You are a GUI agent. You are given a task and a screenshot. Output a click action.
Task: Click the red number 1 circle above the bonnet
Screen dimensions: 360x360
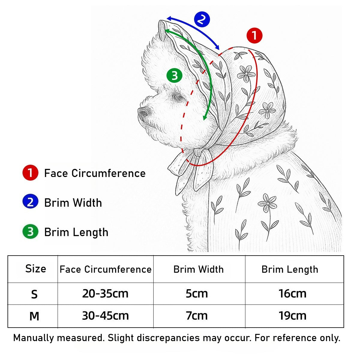point(254,35)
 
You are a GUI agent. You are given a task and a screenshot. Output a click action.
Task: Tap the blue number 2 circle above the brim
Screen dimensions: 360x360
point(202,19)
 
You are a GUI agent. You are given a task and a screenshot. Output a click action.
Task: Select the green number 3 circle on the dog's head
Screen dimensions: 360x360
point(174,76)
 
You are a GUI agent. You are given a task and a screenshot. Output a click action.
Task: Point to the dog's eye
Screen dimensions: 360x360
point(178,97)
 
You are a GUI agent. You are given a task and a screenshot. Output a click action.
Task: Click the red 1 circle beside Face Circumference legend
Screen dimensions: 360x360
point(31,173)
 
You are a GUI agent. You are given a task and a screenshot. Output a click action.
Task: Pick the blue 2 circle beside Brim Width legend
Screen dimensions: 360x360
point(31,202)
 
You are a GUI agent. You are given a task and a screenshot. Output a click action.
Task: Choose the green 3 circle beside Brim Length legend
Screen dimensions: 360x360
point(31,232)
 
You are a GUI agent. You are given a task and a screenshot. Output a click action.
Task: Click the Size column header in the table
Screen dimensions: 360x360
point(36,269)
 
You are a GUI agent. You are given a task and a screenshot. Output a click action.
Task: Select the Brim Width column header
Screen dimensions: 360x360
point(199,269)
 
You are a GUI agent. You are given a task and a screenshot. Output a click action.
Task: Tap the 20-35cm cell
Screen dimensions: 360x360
point(105,293)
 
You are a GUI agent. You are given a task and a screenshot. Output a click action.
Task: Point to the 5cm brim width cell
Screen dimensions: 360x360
point(197,294)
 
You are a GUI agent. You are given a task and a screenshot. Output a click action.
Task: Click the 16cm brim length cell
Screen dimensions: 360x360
point(292,294)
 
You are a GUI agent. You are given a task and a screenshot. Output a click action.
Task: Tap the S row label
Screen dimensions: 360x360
point(34,295)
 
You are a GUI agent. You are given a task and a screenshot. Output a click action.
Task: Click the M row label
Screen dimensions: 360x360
point(34,316)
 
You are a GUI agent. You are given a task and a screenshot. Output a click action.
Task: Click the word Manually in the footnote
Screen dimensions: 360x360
point(34,338)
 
